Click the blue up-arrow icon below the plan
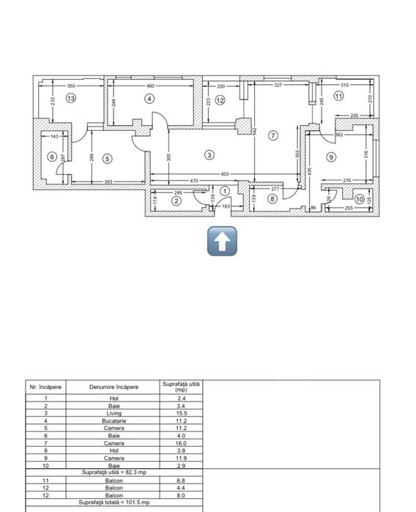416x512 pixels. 223,241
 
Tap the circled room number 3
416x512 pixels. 209,154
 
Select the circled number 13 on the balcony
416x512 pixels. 70,97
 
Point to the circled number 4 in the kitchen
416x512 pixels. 149,98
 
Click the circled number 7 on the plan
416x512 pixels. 273,135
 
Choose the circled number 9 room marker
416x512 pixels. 331,157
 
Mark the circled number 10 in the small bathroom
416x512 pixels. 359,198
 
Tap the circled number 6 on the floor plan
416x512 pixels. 52,157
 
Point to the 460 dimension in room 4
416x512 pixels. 149,86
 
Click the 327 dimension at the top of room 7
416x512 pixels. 278,86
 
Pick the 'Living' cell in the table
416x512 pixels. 114,413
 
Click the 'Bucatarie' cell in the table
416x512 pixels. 114,421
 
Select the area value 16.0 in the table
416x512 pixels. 181,443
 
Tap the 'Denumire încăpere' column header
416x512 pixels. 114,386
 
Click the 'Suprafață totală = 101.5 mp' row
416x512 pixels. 114,502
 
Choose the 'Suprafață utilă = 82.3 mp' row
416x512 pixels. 114,473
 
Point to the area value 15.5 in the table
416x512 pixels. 181,413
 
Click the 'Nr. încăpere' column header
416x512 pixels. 46,386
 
